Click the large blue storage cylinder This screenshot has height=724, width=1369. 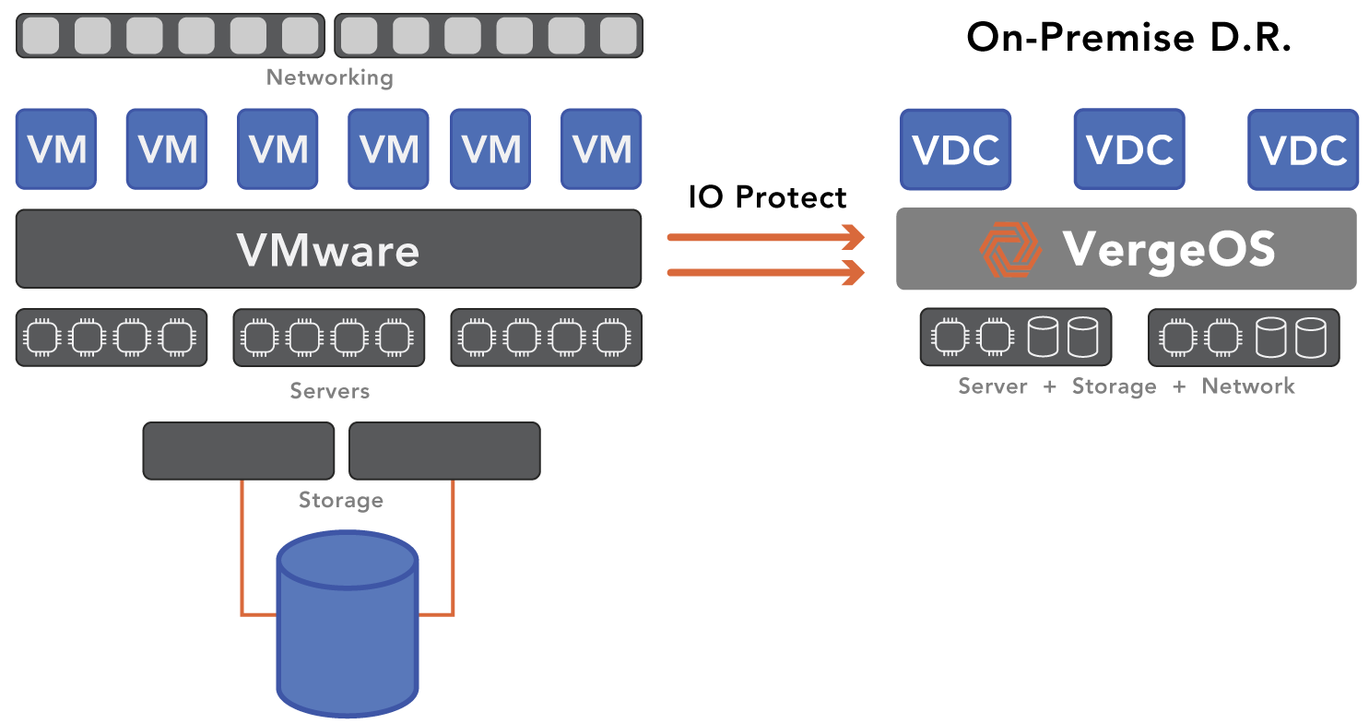click(348, 627)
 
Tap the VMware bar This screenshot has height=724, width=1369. click(328, 249)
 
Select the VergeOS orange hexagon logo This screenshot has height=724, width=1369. click(1009, 250)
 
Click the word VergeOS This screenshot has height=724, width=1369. click(1169, 249)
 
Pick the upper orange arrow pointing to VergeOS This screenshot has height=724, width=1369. click(765, 238)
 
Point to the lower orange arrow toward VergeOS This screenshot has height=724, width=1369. click(765, 272)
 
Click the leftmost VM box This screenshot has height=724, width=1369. click(56, 148)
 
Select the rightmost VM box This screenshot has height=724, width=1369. click(601, 148)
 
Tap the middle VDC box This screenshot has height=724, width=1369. click(1129, 149)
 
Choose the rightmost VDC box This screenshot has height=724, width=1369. click(1303, 149)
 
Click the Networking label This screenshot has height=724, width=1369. click(329, 77)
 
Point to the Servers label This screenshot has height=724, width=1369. click(329, 391)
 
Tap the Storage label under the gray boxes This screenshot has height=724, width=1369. click(340, 500)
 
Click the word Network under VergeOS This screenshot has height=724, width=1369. click(1248, 386)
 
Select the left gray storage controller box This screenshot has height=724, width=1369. click(238, 451)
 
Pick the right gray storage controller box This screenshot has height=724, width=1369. click(444, 451)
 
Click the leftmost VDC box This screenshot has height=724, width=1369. click(955, 149)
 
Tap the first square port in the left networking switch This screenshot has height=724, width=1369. click(41, 36)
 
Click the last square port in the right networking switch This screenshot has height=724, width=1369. click(619, 36)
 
